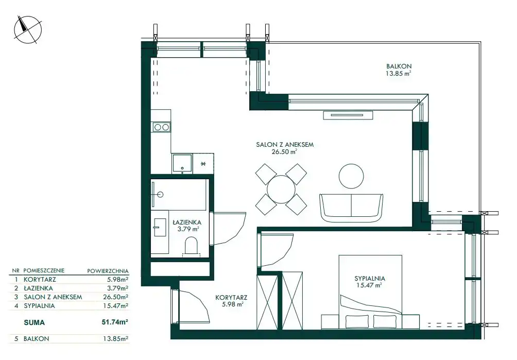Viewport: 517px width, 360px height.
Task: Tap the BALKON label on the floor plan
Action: (399, 66)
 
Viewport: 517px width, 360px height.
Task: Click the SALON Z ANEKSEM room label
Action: (285, 144)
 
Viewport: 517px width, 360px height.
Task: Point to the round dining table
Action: (281, 189)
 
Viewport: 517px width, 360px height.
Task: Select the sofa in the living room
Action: (351, 208)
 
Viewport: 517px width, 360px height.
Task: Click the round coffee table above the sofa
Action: (352, 176)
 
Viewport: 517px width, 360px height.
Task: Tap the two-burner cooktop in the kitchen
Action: (161, 127)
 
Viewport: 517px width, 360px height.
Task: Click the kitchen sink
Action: (182, 163)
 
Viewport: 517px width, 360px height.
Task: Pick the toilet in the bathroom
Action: (191, 246)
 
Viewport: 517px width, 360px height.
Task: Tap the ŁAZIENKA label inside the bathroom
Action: (187, 222)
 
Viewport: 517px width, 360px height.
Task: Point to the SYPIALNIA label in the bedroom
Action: (370, 278)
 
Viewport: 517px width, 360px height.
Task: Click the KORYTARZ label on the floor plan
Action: (231, 297)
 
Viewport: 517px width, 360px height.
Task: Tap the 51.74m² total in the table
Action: (115, 322)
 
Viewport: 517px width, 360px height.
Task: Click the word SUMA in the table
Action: (35, 322)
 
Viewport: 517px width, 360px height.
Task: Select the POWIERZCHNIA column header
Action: (108, 271)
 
